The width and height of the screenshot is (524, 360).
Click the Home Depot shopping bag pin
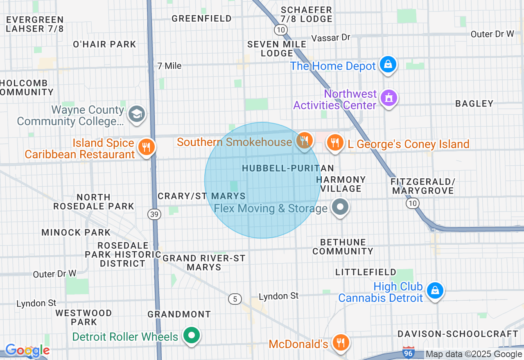(x=388, y=64)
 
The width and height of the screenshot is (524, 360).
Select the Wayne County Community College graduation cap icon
(x=136, y=114)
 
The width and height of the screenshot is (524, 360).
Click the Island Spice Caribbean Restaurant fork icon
(x=145, y=146)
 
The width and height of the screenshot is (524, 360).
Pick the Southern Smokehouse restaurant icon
(x=304, y=141)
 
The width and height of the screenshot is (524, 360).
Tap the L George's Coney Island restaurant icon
(x=335, y=142)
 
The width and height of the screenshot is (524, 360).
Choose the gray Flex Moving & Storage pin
(x=340, y=207)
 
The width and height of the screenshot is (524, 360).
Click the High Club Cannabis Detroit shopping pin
(x=435, y=290)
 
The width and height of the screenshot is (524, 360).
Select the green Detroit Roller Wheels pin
(x=191, y=335)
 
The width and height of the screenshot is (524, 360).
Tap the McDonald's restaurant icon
(x=340, y=342)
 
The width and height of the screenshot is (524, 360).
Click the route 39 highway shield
(x=155, y=214)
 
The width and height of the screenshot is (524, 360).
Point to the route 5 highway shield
(x=235, y=299)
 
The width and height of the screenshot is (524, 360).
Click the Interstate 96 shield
(x=409, y=353)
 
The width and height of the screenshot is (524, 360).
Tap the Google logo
(x=27, y=350)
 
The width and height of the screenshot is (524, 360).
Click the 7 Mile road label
(x=169, y=65)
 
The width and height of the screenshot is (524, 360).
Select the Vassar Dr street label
(x=331, y=38)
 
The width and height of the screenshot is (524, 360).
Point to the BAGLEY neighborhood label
(x=474, y=103)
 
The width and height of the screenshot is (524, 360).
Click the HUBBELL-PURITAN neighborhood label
(x=288, y=168)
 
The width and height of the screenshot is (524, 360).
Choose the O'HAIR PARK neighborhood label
(x=104, y=44)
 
